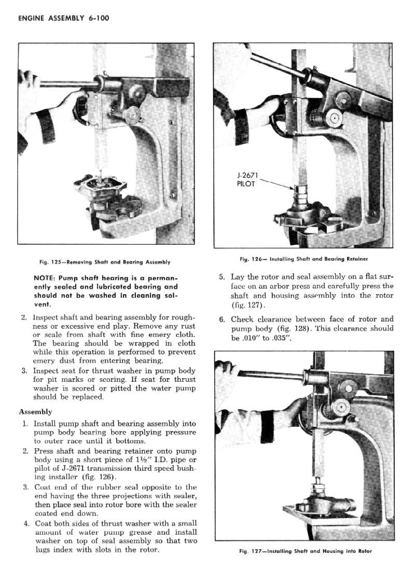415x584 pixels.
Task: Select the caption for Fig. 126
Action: pyautogui.click(x=303, y=258)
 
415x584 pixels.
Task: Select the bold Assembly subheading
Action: pyautogui.click(x=36, y=412)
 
